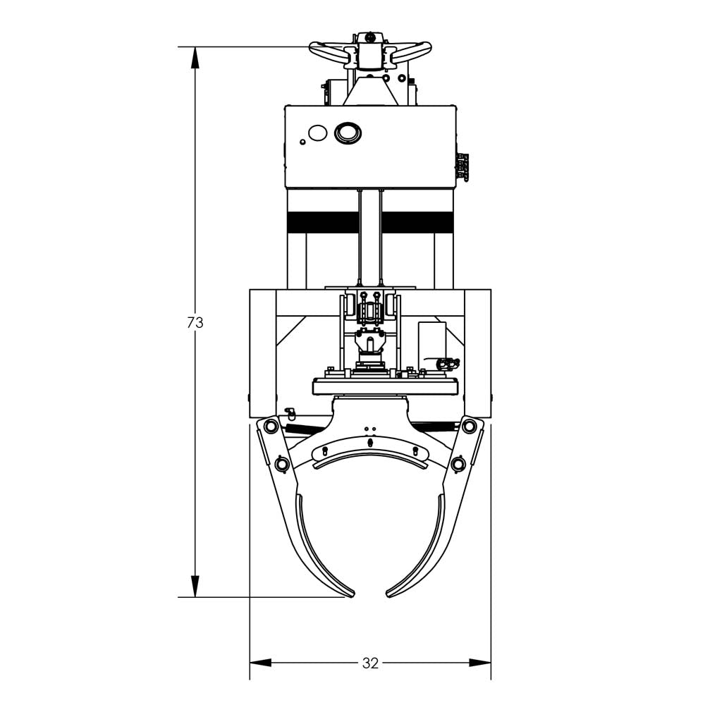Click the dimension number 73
pyautogui.click(x=195, y=322)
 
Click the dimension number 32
pyautogui.click(x=370, y=663)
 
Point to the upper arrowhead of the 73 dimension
pyautogui.click(x=195, y=57)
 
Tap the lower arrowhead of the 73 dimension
pyautogui.click(x=195, y=587)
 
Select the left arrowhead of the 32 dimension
pyautogui.click(x=260, y=663)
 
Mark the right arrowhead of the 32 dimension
pyautogui.click(x=481, y=663)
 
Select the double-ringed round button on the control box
pyautogui.click(x=348, y=132)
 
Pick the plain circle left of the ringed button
pyautogui.click(x=318, y=132)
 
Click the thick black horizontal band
pyautogui.click(x=370, y=222)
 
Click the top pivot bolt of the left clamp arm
pyautogui.click(x=271, y=426)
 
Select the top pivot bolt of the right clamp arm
pyautogui.click(x=469, y=426)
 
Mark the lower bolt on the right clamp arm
pyautogui.click(x=459, y=464)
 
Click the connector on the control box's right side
pyautogui.click(x=462, y=167)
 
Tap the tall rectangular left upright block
pyautogui.click(x=262, y=352)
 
